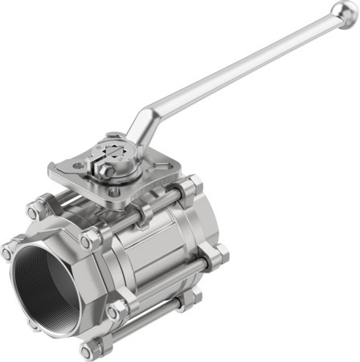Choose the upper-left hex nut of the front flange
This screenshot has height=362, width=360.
click(33, 212)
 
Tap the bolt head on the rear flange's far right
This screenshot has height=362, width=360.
click(219, 256)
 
